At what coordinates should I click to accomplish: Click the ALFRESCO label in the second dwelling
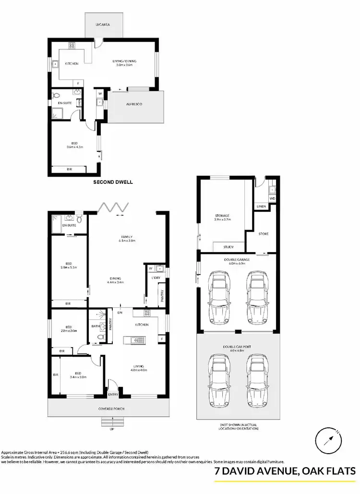coord(134,104)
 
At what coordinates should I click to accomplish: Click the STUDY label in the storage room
coord(229,247)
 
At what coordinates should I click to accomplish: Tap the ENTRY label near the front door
coord(113,395)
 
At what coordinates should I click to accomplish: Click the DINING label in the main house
coord(115,278)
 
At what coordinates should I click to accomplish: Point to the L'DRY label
coord(156,278)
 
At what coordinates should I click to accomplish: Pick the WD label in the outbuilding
coord(272,198)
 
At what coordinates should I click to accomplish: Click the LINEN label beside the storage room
coord(261,206)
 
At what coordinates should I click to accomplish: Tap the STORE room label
coord(263,234)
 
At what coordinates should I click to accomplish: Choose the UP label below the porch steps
coord(113,429)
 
